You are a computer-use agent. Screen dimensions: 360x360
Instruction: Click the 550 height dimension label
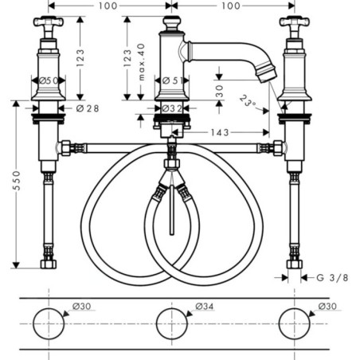[17, 181]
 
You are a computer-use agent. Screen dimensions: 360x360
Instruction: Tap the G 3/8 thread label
[332, 278]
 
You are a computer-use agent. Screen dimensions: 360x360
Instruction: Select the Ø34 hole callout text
[205, 307]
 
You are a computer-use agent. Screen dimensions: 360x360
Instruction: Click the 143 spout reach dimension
[220, 132]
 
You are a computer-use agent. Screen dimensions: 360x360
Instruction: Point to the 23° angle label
[248, 101]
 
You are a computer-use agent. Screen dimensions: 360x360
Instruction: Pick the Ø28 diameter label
[88, 108]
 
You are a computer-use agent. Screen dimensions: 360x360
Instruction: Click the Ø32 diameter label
[172, 108]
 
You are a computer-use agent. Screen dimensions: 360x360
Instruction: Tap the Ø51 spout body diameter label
[173, 80]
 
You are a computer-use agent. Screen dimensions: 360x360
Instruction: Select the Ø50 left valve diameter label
[49, 80]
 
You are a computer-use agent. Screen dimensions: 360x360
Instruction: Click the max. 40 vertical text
[142, 62]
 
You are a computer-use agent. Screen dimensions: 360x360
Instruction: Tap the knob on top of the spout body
[172, 24]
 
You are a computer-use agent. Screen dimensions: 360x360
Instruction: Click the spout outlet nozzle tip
[267, 73]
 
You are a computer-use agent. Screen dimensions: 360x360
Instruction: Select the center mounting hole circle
[172, 323]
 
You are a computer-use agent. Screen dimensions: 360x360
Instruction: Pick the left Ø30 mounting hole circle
[49, 323]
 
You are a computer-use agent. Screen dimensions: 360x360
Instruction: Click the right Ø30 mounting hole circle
[295, 323]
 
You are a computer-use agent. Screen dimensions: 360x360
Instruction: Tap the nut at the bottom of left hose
[49, 264]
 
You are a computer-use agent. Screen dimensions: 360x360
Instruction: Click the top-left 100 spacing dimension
[108, 6]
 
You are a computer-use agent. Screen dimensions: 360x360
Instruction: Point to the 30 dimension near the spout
[220, 91]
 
